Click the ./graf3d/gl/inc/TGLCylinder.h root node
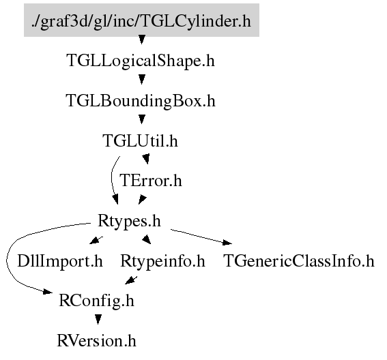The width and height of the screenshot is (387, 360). click(x=141, y=20)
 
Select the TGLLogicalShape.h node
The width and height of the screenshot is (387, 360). click(x=141, y=61)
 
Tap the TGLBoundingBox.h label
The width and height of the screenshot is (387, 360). click(x=141, y=101)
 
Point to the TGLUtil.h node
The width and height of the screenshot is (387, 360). click(x=140, y=140)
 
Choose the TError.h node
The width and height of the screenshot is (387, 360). click(x=151, y=181)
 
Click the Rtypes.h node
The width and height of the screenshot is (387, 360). click(x=129, y=221)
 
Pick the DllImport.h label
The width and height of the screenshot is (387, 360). click(x=60, y=261)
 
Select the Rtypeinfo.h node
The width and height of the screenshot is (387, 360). click(x=162, y=261)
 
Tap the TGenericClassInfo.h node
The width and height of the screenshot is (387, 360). click(x=299, y=261)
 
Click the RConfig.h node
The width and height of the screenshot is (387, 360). click(x=96, y=301)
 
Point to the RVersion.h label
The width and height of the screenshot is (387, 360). click(x=96, y=341)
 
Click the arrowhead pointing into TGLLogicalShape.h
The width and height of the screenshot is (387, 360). click(x=141, y=40)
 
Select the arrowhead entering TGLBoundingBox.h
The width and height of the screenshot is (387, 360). click(x=141, y=79)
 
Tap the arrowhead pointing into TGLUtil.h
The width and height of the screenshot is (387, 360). click(x=141, y=119)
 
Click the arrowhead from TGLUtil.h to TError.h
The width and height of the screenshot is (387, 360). click(x=146, y=159)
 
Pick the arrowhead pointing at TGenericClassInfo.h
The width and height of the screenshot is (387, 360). click(x=227, y=243)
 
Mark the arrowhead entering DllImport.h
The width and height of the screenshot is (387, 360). click(x=94, y=241)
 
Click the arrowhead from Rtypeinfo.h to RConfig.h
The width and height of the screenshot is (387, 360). click(x=130, y=281)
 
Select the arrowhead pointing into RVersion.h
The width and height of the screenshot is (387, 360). click(x=98, y=320)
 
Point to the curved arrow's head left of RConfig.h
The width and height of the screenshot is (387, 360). click(x=48, y=291)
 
